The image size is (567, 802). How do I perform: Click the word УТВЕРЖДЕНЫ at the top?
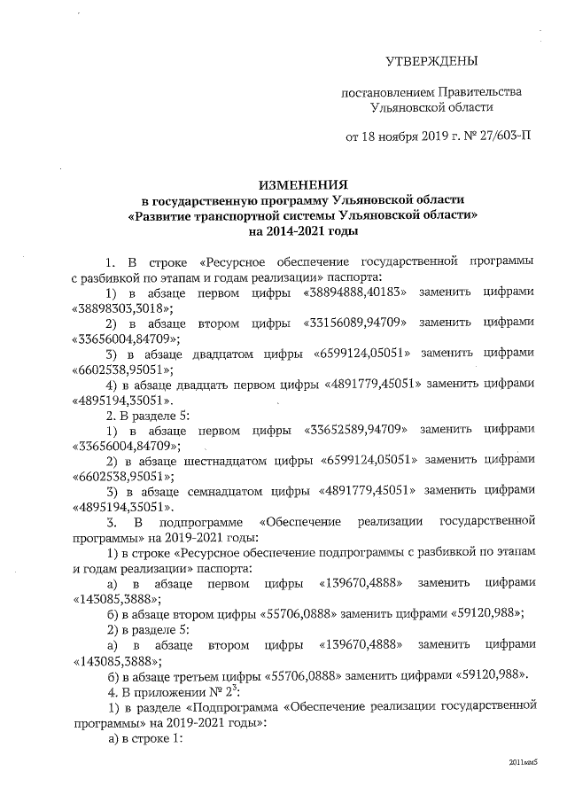[x=431, y=61]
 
